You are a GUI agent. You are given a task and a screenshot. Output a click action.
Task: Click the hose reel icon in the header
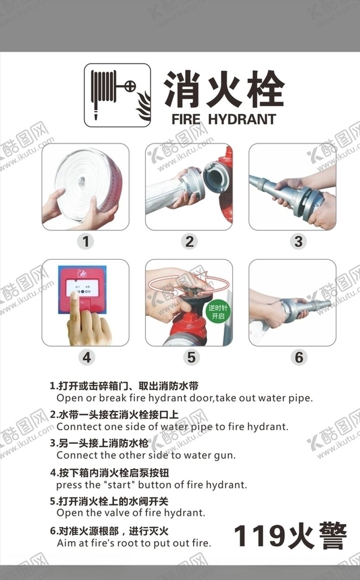coord(117,95)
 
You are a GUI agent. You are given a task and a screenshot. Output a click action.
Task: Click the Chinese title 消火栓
coord(224,89)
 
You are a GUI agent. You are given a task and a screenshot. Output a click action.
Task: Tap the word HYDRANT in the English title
coord(242,119)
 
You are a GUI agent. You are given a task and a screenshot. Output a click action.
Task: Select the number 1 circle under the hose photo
coord(85,242)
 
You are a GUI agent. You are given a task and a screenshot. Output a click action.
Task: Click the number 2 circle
coord(189,242)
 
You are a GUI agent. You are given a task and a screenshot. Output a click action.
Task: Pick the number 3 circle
coord(298,242)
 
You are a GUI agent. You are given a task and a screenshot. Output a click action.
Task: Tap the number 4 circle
coord(86,357)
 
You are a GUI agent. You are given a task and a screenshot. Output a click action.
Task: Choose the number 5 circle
coord(191,357)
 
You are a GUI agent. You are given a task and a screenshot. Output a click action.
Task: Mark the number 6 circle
coord(299,357)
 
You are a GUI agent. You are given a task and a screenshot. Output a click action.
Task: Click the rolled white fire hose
coord(88,183)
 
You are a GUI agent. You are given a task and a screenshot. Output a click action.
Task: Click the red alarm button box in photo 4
coord(82,288)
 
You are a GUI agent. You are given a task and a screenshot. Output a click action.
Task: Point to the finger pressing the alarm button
coord(75,306)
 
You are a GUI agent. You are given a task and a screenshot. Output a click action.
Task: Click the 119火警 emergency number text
coord(290,536)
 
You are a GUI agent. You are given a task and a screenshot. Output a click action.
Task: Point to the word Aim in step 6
coord(65,543)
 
